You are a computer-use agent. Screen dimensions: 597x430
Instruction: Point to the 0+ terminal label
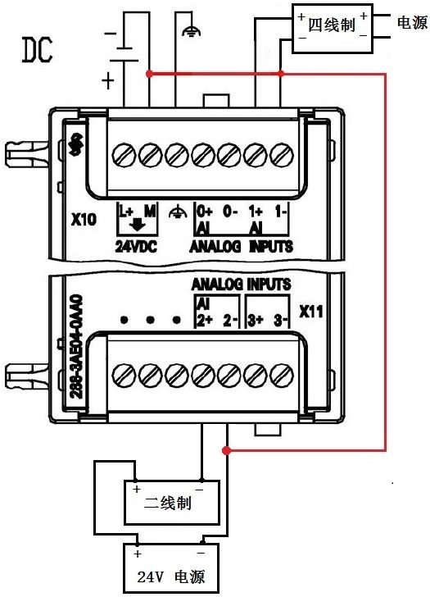click(204, 212)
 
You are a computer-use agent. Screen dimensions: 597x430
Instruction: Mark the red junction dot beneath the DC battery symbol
click(148, 74)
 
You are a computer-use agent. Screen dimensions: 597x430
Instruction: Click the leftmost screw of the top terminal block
click(124, 153)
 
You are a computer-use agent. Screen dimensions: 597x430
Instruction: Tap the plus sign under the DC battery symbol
click(107, 80)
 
